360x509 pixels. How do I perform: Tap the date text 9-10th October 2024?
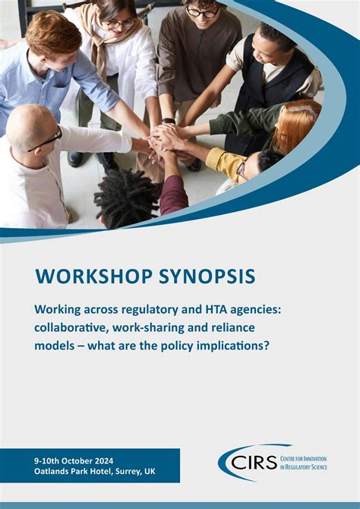(72, 460)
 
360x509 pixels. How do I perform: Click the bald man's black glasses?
(46, 141)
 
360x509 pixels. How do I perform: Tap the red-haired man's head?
(53, 34)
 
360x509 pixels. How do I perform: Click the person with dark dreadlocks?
(125, 196)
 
